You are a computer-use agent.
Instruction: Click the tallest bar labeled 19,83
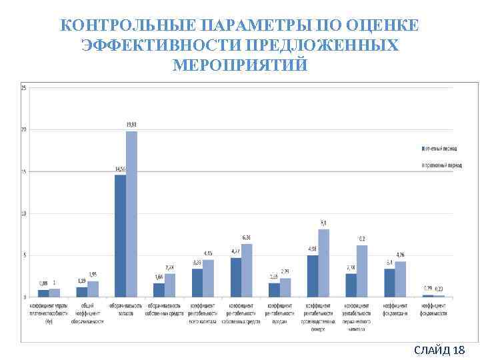[x=131, y=213]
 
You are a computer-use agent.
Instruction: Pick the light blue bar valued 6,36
[x=247, y=270]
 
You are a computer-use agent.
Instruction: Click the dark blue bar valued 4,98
[x=313, y=276]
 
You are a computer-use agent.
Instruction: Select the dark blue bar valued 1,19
[x=82, y=292]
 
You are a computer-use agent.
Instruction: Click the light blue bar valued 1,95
[x=93, y=289]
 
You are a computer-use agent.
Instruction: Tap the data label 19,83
[x=133, y=125]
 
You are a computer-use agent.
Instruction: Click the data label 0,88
[x=43, y=283]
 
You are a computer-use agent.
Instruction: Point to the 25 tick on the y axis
[x=24, y=87]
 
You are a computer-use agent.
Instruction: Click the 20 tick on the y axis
[x=24, y=129]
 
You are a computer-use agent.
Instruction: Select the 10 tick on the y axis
[x=24, y=213]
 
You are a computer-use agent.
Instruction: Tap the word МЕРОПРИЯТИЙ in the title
[x=240, y=65]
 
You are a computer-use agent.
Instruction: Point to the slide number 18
[x=458, y=350]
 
